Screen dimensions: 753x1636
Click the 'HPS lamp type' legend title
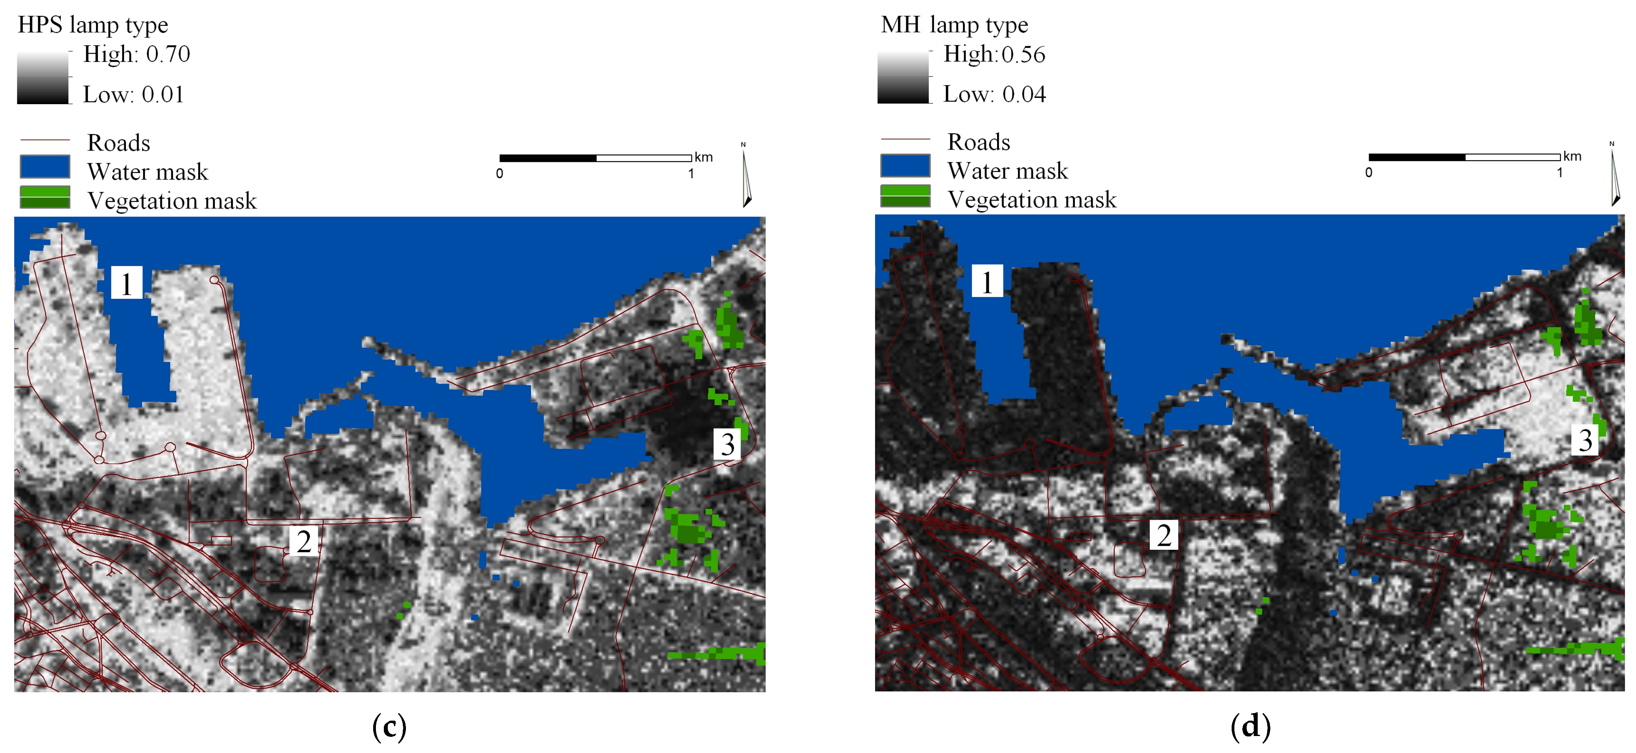pos(93,25)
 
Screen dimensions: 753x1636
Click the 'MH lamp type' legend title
pos(954,25)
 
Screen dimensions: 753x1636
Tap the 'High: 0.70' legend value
pos(137,54)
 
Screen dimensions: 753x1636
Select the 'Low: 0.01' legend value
pos(133,95)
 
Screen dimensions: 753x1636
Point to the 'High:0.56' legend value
pos(994,54)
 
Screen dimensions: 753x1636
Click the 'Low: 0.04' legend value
pos(994,94)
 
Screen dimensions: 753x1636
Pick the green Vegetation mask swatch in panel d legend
pos(905,196)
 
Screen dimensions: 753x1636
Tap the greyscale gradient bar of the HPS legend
pos(43,77)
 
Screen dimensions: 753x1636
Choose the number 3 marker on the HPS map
pos(727,444)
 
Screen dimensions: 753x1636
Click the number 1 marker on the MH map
pos(987,281)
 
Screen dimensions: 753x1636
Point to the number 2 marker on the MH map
pos(1163,535)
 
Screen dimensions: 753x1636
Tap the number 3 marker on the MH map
pos(1585,439)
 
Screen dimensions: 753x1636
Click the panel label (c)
pos(389,726)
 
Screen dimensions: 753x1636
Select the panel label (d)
pos(1250,726)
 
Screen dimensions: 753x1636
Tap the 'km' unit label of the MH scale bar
pos(1572,156)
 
